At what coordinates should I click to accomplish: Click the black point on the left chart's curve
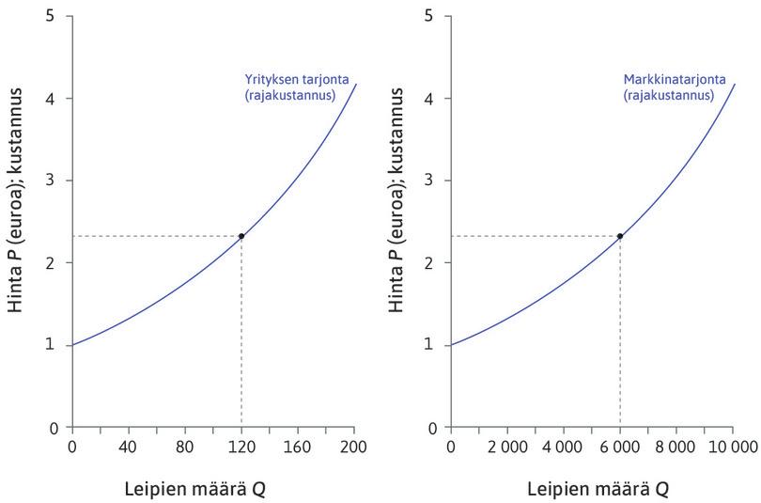click(241, 236)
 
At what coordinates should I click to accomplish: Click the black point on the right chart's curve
click(620, 236)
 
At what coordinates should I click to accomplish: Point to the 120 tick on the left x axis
click(241, 446)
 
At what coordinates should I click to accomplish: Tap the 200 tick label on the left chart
click(354, 446)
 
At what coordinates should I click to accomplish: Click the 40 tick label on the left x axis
click(128, 446)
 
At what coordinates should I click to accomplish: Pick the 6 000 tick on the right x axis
click(620, 446)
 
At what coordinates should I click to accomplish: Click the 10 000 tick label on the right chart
click(732, 446)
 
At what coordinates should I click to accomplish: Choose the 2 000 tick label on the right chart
click(506, 446)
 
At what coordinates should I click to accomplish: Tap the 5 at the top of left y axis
click(50, 16)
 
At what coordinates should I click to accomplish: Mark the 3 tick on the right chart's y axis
click(428, 181)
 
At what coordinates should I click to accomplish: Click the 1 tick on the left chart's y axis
click(50, 345)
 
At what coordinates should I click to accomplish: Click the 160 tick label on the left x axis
click(298, 446)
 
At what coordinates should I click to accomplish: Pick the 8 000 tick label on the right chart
click(676, 446)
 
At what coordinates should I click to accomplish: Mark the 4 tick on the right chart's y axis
click(428, 98)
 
